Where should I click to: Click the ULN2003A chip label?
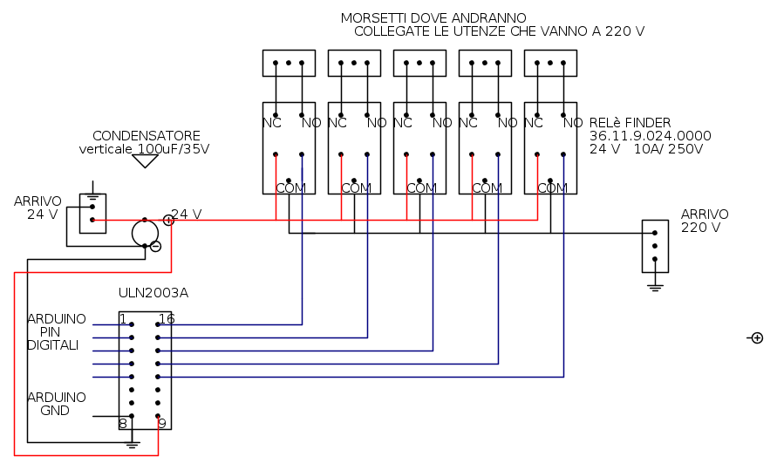point(153,293)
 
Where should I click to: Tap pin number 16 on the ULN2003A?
point(167,319)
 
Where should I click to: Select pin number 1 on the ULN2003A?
point(123,319)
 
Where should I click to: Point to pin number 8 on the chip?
point(123,423)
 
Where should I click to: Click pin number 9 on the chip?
point(162,423)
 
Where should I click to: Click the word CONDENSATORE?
point(146,136)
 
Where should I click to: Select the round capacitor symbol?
point(145,233)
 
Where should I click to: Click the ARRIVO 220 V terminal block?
point(655,246)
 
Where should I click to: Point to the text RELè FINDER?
point(630,123)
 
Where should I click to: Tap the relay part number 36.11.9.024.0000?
point(651,136)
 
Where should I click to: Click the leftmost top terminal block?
point(289,63)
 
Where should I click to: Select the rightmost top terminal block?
point(550,63)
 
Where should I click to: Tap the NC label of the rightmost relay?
point(533,123)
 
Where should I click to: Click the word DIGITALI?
point(52,345)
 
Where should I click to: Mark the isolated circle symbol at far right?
point(757,338)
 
